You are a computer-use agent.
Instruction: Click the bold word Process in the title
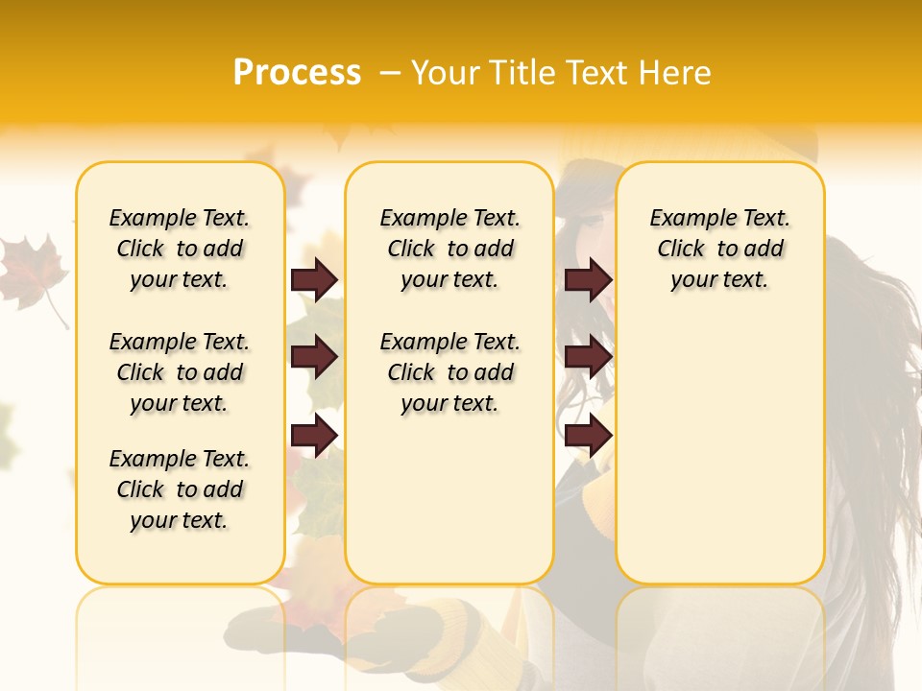click(297, 73)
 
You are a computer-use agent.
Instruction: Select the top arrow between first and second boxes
click(314, 280)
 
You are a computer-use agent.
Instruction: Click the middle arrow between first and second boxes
click(314, 358)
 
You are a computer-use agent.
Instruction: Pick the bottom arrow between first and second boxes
click(314, 436)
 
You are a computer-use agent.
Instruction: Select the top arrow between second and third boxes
click(588, 280)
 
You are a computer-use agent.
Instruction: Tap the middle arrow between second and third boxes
click(588, 358)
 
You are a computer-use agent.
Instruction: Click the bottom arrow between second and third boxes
click(588, 436)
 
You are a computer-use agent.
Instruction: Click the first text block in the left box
click(180, 249)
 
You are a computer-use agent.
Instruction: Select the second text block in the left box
click(180, 372)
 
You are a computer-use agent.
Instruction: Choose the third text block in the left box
click(180, 489)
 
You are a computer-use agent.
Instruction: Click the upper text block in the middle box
click(449, 249)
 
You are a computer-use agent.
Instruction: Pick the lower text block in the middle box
click(449, 372)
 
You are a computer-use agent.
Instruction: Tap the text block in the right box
click(719, 249)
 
